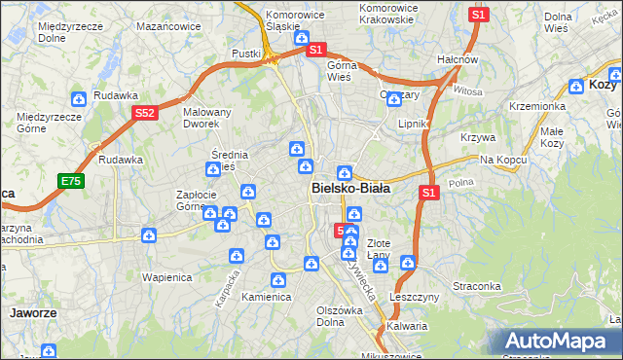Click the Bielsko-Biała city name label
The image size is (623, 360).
click(x=351, y=189)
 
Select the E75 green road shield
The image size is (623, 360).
click(x=71, y=181)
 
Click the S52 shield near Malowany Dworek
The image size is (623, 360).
click(x=145, y=113)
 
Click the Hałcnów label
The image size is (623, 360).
click(x=458, y=59)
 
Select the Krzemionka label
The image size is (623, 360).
click(x=536, y=106)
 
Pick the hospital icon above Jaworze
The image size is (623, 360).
click(x=47, y=352)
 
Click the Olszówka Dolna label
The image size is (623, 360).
click(x=340, y=316)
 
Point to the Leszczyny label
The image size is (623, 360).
click(x=416, y=297)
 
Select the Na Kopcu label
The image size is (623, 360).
click(x=503, y=160)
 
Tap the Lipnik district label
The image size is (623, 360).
click(x=414, y=125)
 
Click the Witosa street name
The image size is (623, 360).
click(x=467, y=90)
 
